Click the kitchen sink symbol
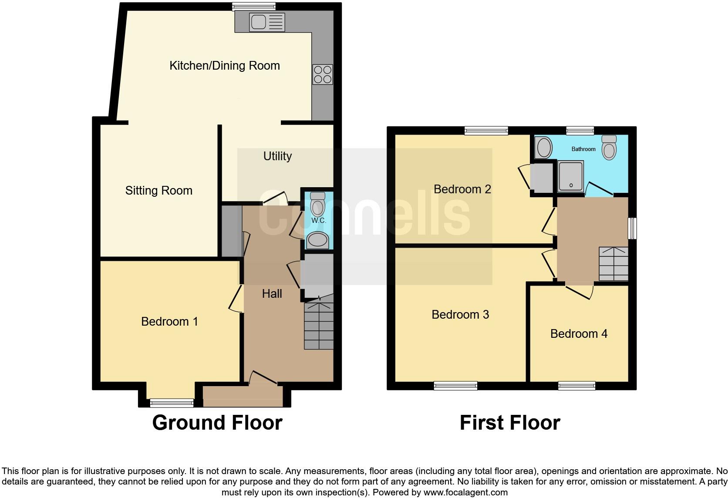(267, 22)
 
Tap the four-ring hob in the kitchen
(323, 74)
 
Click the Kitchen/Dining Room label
(224, 66)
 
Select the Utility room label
(277, 156)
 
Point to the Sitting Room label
(158, 191)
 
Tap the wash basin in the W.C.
(318, 240)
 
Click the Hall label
(272, 294)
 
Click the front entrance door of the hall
(263, 378)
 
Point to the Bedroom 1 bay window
(172, 403)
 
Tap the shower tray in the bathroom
(570, 177)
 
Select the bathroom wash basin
(543, 147)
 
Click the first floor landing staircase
(613, 264)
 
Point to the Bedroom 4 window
(577, 385)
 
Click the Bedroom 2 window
(486, 130)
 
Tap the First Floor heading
(509, 423)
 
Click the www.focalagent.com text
(465, 493)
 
